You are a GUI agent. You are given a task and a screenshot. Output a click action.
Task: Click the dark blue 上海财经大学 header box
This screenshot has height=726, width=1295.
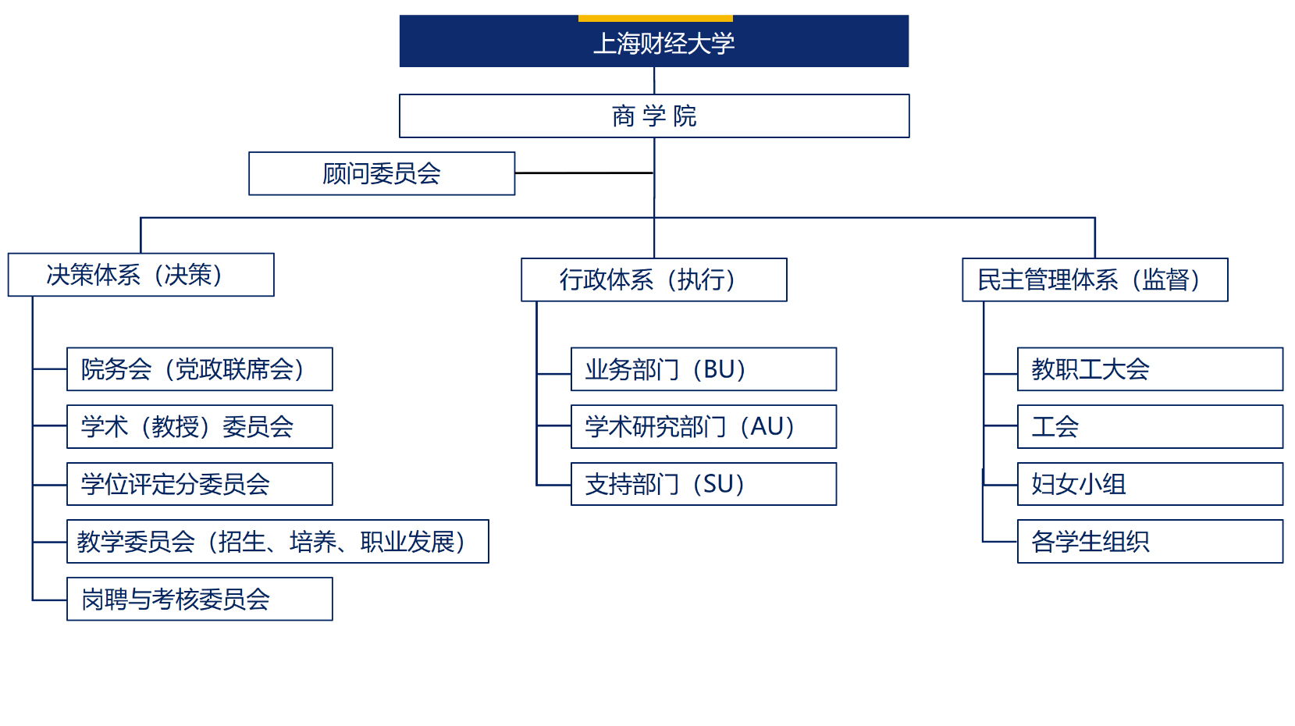pyautogui.click(x=654, y=42)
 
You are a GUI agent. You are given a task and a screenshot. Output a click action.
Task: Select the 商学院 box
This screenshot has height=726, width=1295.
pyautogui.click(x=654, y=116)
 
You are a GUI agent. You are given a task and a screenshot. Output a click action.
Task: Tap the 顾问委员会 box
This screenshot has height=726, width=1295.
pyautogui.click(x=382, y=173)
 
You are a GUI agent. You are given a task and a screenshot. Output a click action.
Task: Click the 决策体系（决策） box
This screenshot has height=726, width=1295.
pyautogui.click(x=141, y=275)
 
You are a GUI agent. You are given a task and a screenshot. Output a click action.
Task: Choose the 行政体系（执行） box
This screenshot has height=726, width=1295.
pyautogui.click(x=654, y=279)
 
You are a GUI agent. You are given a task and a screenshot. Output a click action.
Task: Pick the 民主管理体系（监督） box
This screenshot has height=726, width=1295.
pyautogui.click(x=1094, y=279)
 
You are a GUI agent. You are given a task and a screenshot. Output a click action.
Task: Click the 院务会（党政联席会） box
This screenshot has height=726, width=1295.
pyautogui.click(x=200, y=369)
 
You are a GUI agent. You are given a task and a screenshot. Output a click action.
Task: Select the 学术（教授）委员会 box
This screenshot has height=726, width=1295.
pyautogui.click(x=200, y=426)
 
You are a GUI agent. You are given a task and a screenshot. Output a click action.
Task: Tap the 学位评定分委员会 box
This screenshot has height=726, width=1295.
pyautogui.click(x=200, y=484)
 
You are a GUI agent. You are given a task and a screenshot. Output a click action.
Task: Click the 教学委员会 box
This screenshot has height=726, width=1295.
pyautogui.click(x=278, y=542)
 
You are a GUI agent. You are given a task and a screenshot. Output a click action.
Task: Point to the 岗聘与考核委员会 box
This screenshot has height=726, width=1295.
pyautogui.click(x=200, y=599)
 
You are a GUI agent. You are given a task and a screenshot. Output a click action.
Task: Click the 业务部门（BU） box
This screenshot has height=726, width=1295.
pyautogui.click(x=703, y=369)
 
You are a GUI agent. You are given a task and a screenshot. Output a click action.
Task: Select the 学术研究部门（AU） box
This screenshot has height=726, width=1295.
pyautogui.click(x=703, y=426)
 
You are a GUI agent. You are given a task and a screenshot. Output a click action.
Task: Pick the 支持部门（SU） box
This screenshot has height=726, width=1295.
pyautogui.click(x=703, y=484)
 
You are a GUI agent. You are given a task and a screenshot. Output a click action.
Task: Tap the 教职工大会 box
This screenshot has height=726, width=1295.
pyautogui.click(x=1150, y=369)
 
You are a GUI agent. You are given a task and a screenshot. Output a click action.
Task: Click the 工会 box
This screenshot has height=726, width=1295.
pyautogui.click(x=1150, y=426)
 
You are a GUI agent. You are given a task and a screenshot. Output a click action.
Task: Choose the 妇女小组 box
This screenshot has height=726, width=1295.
pyautogui.click(x=1150, y=484)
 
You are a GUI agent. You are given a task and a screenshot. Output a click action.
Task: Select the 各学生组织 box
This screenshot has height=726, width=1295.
pyautogui.click(x=1150, y=542)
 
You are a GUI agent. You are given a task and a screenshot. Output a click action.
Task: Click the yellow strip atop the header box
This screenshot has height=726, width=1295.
pyautogui.click(x=656, y=18)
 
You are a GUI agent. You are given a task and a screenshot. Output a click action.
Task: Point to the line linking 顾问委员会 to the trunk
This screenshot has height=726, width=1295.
pyautogui.click(x=584, y=173)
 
